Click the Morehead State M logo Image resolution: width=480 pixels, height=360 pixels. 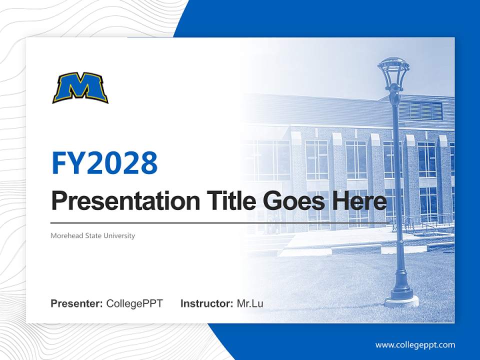(x=80, y=88)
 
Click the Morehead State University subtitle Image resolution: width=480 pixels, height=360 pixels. (x=92, y=235)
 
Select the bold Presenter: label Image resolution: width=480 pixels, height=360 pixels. (x=76, y=303)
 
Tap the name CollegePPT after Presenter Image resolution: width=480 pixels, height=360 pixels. (x=134, y=303)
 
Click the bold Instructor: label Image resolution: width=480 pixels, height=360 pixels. (x=206, y=303)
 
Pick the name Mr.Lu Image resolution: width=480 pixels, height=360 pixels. (x=250, y=303)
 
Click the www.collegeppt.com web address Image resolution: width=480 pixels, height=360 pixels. (x=415, y=345)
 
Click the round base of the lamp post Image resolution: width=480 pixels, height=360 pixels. (x=401, y=299)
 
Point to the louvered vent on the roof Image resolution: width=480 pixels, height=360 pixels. (x=420, y=110)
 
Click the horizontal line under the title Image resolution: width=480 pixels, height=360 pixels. (x=220, y=223)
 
